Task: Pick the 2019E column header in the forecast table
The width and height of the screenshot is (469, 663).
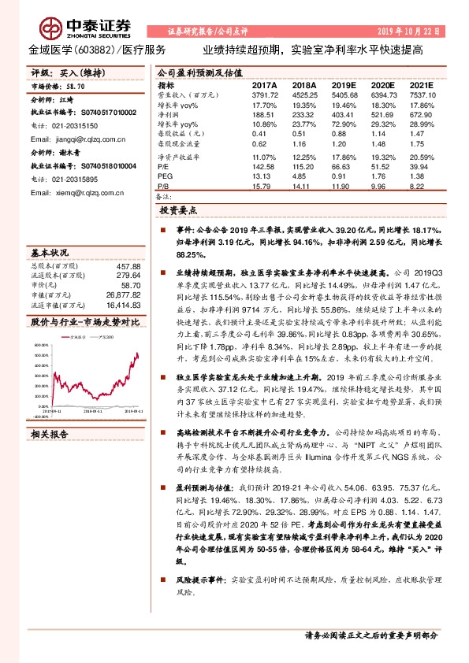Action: [x=344, y=83]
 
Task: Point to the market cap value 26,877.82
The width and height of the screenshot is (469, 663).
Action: [x=122, y=294]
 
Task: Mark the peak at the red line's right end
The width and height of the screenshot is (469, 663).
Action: [x=137, y=354]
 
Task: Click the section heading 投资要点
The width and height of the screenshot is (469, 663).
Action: [x=177, y=211]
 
